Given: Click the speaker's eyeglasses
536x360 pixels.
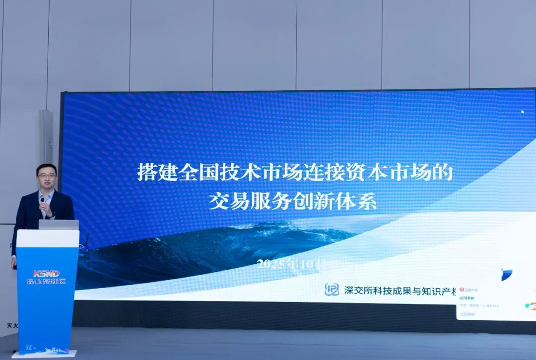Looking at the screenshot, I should (x=47, y=176).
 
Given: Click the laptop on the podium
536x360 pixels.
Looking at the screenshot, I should (x=59, y=225).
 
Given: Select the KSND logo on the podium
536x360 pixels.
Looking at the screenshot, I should (x=46, y=273).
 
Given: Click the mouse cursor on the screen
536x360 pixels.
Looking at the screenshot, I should (x=522, y=112).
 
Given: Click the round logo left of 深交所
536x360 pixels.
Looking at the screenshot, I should (x=332, y=290).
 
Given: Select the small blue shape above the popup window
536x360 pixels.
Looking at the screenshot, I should (x=506, y=274).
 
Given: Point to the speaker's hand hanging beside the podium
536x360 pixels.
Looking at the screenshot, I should (x=14, y=262).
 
